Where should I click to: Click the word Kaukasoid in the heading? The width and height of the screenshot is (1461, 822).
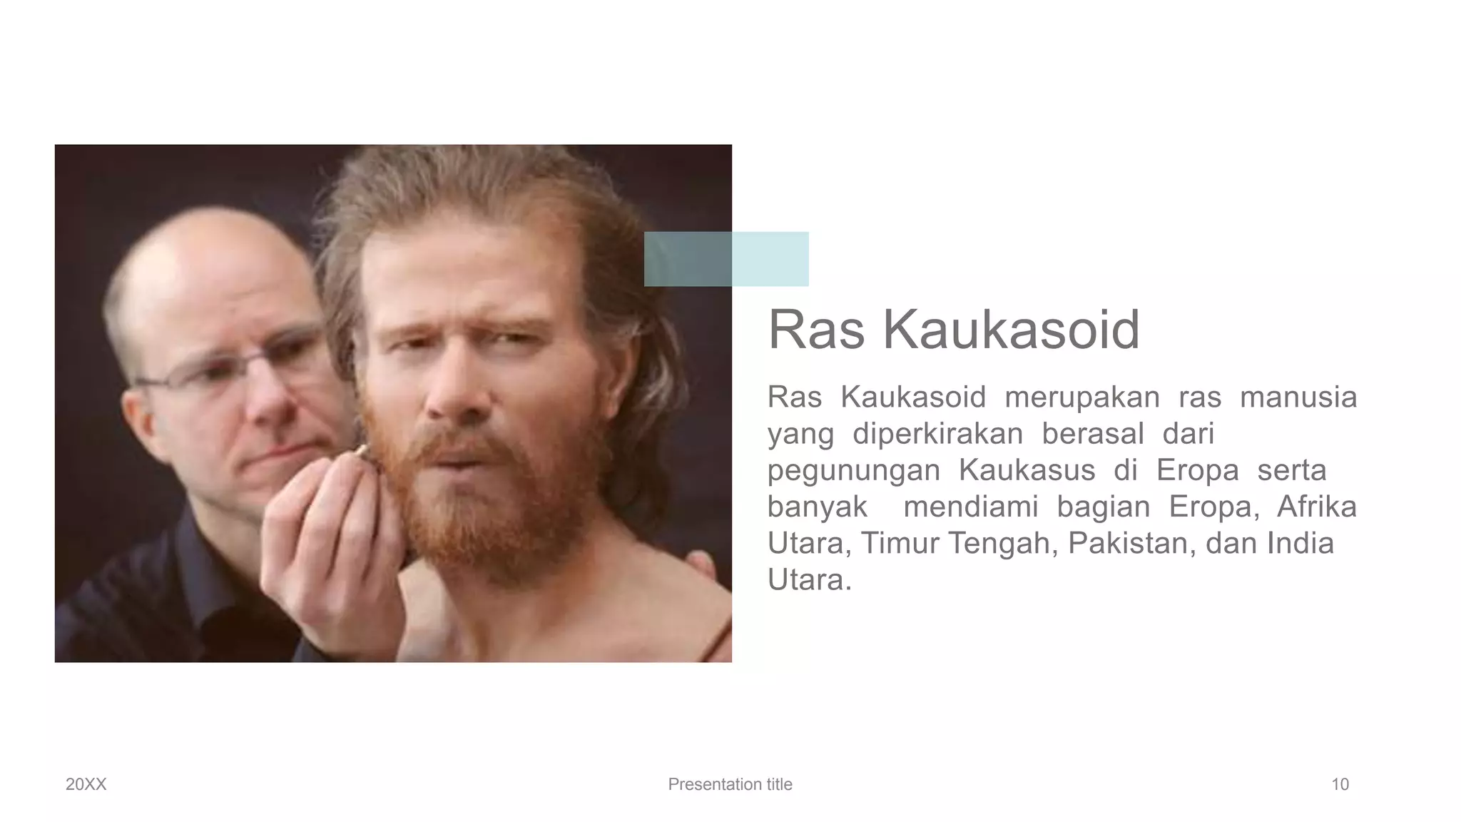1011,330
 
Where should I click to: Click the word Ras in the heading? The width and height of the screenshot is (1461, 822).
816,330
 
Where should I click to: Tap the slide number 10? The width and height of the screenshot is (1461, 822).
1340,784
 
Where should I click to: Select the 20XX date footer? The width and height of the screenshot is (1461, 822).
86,784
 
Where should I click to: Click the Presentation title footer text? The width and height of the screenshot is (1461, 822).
730,784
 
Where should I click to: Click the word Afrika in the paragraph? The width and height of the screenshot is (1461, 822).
1316,507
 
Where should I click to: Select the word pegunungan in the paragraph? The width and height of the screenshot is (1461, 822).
853,471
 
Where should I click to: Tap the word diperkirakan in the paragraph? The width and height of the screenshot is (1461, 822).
937,434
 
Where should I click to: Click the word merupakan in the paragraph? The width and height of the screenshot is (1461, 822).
1082,397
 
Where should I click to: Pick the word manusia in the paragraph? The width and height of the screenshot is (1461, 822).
1298,397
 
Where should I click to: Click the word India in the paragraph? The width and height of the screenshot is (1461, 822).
1300,543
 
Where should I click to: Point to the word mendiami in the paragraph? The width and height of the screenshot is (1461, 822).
970,507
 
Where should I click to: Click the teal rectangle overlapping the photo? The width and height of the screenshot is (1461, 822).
726,259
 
